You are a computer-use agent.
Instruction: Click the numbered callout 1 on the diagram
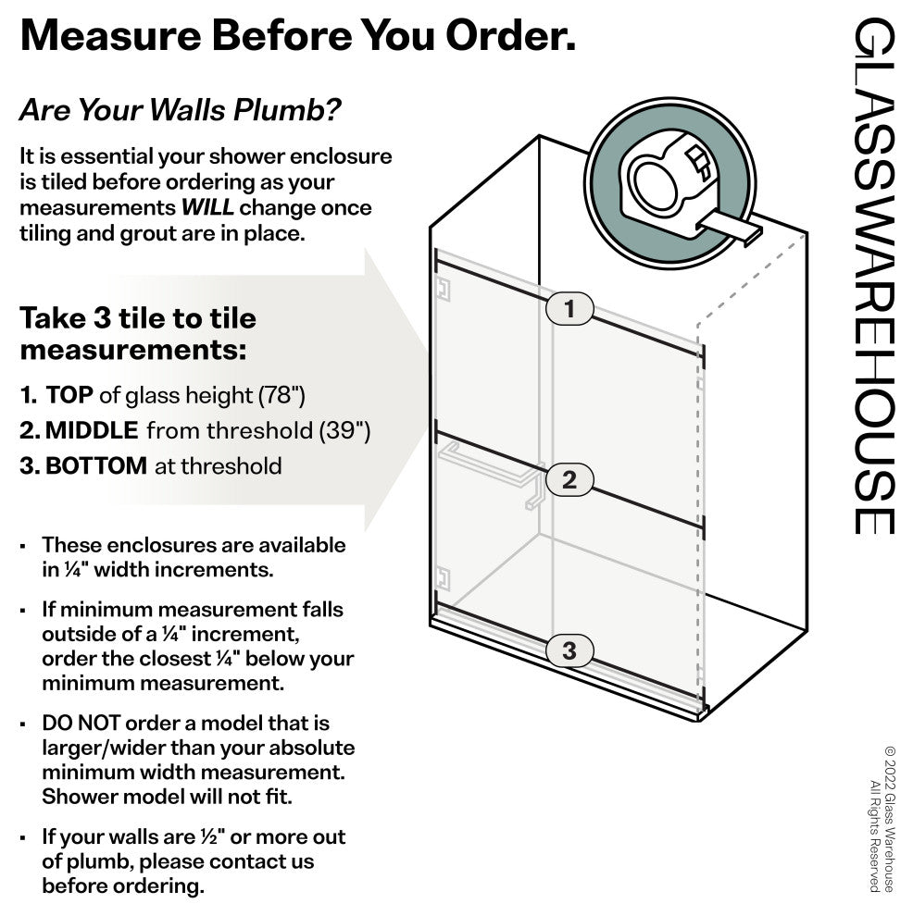(569, 308)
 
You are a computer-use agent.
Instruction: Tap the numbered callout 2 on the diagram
(569, 480)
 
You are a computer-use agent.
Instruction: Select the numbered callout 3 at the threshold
(569, 650)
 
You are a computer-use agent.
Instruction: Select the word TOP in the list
(69, 395)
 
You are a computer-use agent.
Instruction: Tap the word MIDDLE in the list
(92, 430)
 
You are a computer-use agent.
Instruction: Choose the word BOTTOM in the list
(96, 466)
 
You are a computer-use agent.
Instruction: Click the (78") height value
(281, 395)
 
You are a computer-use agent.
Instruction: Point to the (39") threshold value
(344, 431)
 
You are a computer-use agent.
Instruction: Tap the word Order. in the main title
(510, 36)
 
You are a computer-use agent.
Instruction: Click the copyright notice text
(882, 820)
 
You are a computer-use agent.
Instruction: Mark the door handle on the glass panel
(492, 472)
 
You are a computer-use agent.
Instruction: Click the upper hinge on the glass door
(443, 290)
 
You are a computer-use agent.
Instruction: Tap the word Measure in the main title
(111, 36)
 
